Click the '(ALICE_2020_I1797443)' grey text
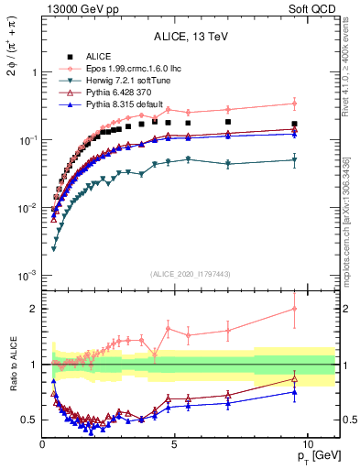[x=191, y=274]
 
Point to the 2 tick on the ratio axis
[x=33, y=309]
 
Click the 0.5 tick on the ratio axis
[x=28, y=420]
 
